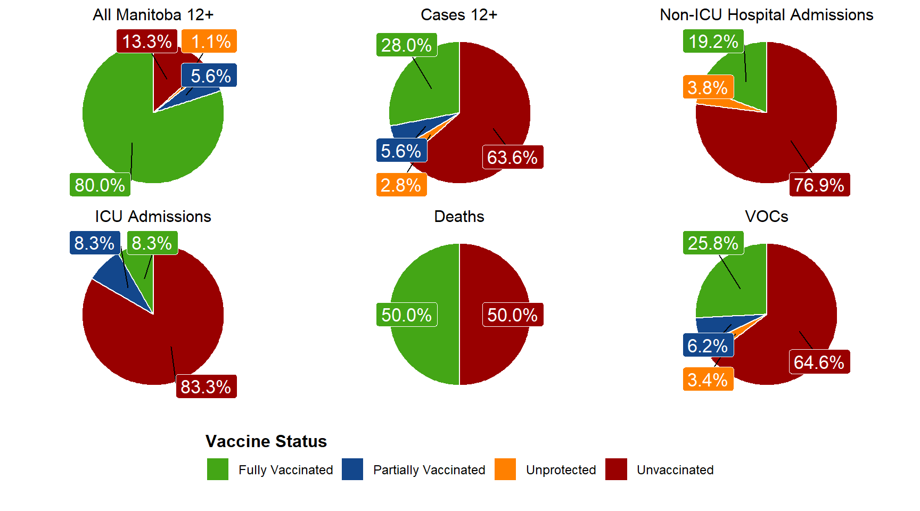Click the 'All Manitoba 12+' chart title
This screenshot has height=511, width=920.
pos(153,15)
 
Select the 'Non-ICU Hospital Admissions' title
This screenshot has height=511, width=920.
pos(766,15)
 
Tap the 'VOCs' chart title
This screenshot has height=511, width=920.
pos(766,217)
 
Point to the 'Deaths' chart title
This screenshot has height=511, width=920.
pos(459,217)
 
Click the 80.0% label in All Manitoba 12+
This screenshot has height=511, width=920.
pos(100,185)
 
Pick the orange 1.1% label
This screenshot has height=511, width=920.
pos(209,41)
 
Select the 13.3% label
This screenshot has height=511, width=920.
pos(147,41)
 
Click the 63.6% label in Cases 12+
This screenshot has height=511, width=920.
pos(513,157)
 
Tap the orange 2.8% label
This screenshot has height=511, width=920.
pos(401,185)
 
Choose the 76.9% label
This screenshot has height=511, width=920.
pos(819,185)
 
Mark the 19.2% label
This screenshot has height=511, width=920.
pos(713,41)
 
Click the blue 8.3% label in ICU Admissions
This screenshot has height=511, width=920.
pos(95,243)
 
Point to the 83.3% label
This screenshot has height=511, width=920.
pos(206,386)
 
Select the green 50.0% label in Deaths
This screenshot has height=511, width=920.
pos(407,315)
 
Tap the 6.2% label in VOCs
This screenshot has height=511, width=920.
pos(708,345)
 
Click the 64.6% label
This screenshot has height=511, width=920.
pos(819,362)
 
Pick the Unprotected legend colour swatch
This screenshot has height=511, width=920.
pos(505,469)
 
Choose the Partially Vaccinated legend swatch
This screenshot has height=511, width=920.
pos(352,469)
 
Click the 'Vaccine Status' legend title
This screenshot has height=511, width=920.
pos(266,441)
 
